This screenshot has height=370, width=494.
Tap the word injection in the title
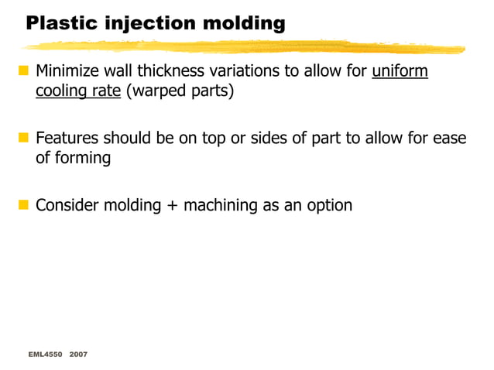136,24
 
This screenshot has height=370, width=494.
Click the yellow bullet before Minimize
23,72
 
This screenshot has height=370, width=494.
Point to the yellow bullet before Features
23,139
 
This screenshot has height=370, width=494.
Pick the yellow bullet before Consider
23,205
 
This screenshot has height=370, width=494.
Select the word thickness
170,72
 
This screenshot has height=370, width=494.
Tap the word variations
246,72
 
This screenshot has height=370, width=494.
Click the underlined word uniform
400,72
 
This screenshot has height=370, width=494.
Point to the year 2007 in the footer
78,354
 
